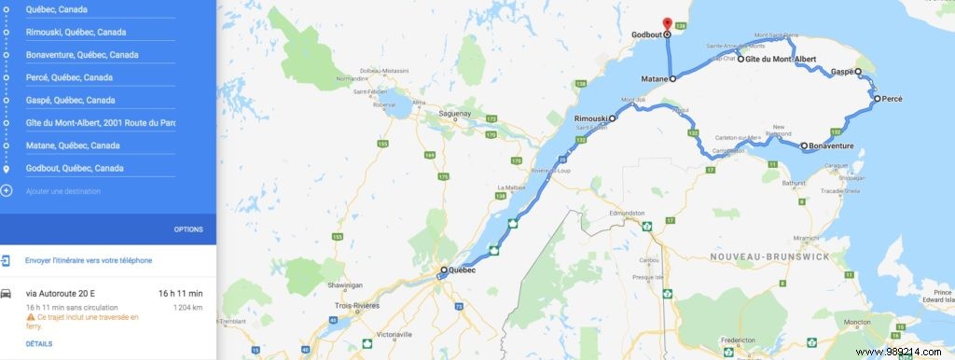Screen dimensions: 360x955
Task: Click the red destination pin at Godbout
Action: pyautogui.click(x=666, y=23)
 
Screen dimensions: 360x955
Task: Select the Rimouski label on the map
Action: pyautogui.click(x=591, y=118)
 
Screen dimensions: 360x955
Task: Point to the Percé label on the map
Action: pyautogui.click(x=893, y=98)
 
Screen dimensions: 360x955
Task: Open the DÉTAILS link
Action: pyautogui.click(x=39, y=343)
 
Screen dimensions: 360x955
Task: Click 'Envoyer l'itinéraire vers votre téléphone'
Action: pyautogui.click(x=89, y=260)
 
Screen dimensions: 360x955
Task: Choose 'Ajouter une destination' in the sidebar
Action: pyautogui.click(x=62, y=191)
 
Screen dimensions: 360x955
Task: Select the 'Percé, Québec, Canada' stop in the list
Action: pyautogui.click(x=70, y=77)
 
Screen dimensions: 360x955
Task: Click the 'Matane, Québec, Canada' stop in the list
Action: pyautogui.click(x=73, y=145)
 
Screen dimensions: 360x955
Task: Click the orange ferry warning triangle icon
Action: pyautogui.click(x=30, y=317)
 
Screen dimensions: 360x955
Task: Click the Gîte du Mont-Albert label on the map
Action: pyautogui.click(x=782, y=60)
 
